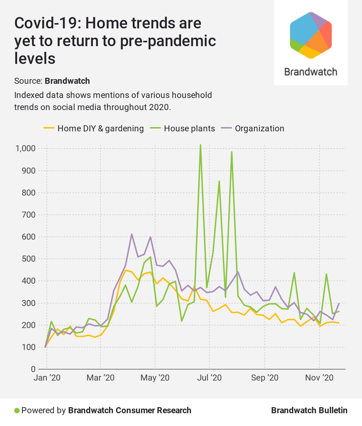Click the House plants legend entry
189,129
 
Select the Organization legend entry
259,129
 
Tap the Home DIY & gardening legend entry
100,129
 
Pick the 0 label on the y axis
33,369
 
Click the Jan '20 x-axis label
47,377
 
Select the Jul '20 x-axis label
209,377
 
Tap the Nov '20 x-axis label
319,377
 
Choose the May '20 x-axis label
155,377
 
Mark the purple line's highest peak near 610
132,234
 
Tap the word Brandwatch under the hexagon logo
311,72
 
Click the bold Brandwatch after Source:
67,81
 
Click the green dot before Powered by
17,410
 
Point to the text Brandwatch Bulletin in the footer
309,410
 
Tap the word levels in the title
35,58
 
